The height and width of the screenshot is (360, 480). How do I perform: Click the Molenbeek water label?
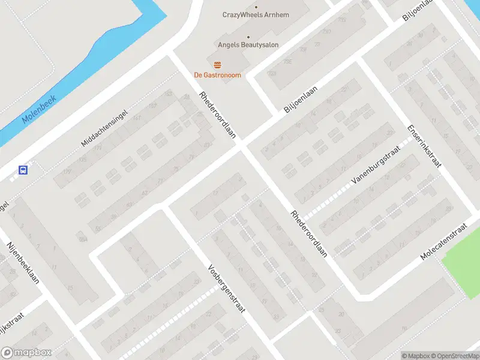[x=38, y=109]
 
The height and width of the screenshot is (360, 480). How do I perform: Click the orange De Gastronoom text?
[x=217, y=75]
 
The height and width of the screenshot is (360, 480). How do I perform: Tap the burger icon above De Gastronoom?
[x=217, y=64]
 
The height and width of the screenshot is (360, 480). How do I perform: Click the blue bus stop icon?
[x=23, y=170]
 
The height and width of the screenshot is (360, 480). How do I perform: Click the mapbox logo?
[x=26, y=353]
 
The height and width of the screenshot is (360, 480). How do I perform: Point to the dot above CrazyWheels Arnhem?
[x=248, y=5]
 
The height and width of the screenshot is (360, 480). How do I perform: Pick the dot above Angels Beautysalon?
[x=248, y=36]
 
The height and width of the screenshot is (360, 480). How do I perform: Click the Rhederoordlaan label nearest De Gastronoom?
[x=217, y=115]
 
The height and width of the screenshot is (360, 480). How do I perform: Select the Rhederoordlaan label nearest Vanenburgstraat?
[x=308, y=234]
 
